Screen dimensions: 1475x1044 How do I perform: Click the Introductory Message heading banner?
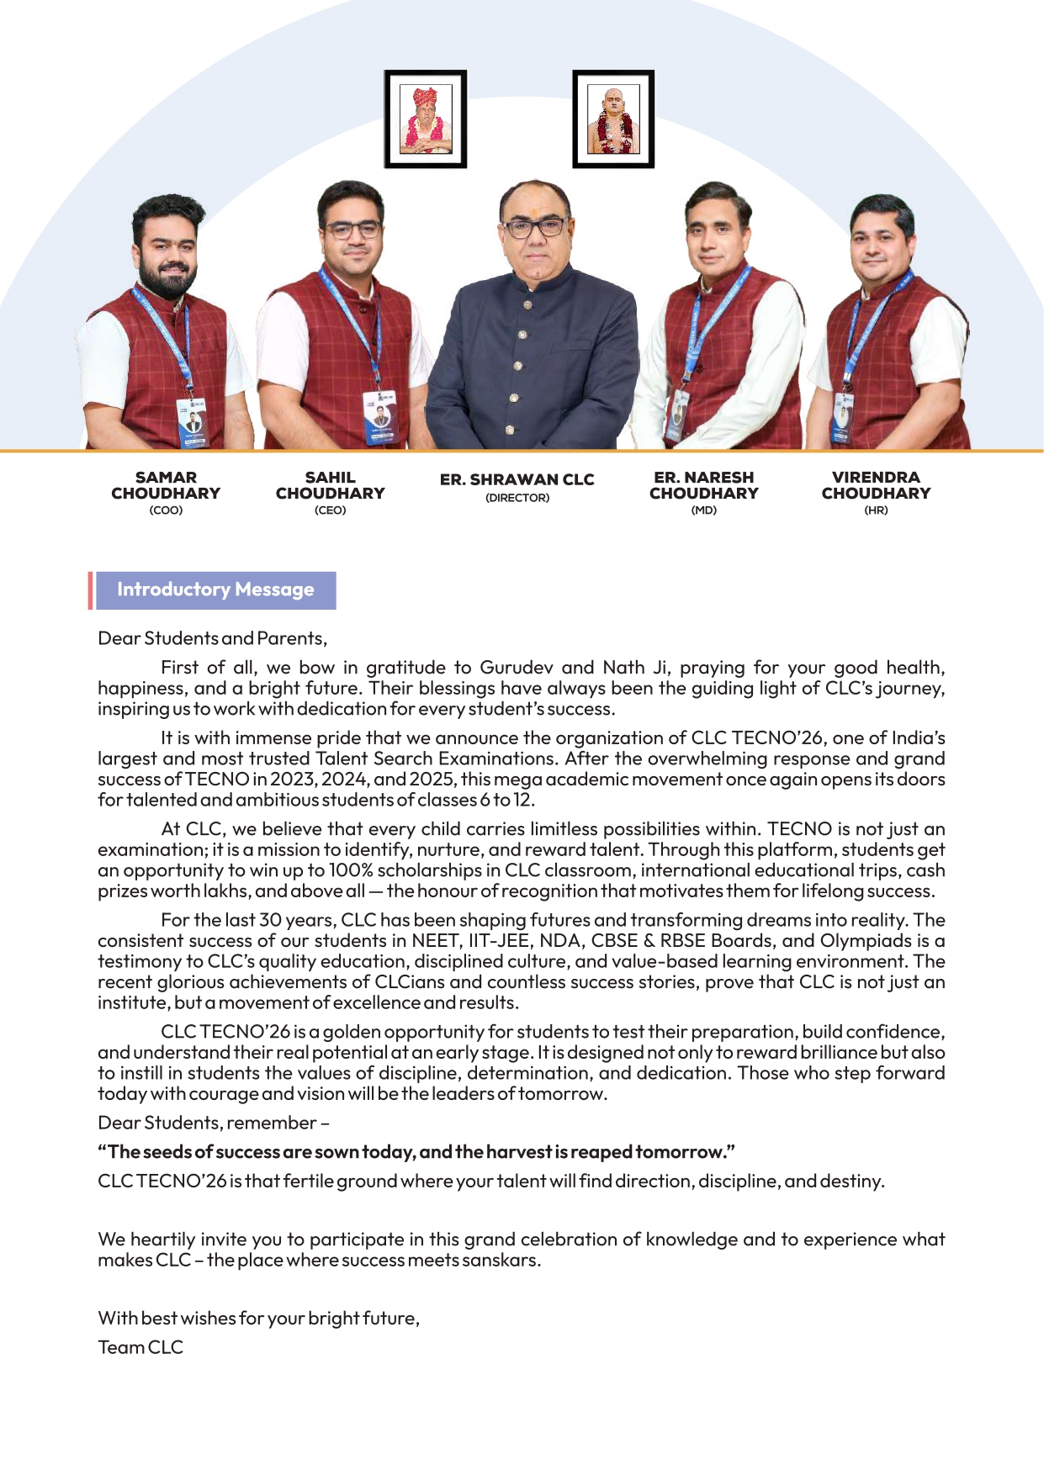point(215,589)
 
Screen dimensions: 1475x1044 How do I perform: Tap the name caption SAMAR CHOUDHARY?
point(166,485)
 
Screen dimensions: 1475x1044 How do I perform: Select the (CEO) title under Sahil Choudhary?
point(330,510)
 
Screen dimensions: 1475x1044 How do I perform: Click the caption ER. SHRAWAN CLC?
point(517,479)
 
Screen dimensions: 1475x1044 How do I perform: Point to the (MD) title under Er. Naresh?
point(703,510)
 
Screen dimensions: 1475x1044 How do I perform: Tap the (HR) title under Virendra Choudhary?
point(876,510)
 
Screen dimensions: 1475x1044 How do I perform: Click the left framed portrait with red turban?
point(426,119)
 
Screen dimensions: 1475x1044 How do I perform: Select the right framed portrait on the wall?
point(613,119)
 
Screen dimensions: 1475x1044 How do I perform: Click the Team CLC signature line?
point(140,1347)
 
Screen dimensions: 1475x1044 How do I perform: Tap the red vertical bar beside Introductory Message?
point(90,589)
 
